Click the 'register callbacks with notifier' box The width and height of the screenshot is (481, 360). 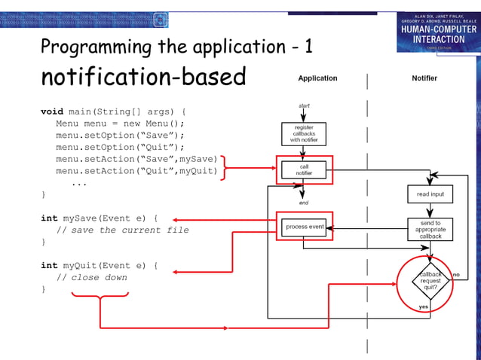[304, 134]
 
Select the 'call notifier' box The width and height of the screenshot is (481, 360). [304, 169]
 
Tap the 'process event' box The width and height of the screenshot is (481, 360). [304, 226]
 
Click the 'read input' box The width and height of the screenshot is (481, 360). [430, 194]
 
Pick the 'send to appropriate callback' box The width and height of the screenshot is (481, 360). [430, 229]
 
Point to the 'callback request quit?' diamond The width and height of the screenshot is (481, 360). [430, 281]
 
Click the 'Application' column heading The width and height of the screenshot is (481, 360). [317, 78]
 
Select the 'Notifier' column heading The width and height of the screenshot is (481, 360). [424, 78]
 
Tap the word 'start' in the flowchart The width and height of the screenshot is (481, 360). [304, 105]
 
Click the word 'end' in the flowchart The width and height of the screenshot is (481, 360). [304, 203]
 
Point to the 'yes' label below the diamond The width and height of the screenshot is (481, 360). [424, 307]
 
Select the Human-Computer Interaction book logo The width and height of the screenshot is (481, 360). [439, 31]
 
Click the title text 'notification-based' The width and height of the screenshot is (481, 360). [143, 77]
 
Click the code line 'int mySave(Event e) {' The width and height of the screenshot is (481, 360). [99, 218]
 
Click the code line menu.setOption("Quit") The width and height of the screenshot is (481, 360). [120, 147]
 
